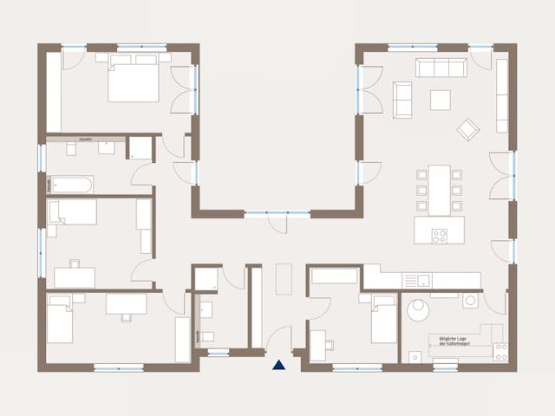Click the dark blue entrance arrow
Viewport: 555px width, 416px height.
[278, 366]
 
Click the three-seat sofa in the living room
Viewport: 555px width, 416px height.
[441, 68]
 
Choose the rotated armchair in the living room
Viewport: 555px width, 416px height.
[468, 129]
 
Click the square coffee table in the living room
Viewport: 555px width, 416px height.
[441, 99]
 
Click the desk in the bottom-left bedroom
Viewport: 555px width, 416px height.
[127, 303]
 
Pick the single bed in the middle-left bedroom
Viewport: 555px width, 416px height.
[71, 211]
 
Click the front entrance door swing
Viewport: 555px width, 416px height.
[280, 338]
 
